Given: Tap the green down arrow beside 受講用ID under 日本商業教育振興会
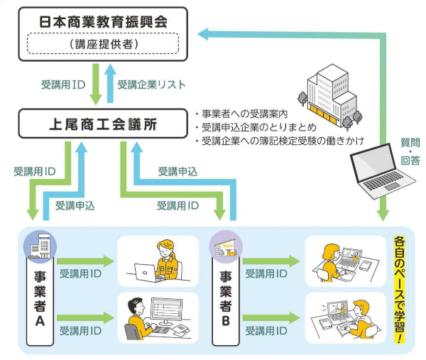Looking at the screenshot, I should pos(95,84).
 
